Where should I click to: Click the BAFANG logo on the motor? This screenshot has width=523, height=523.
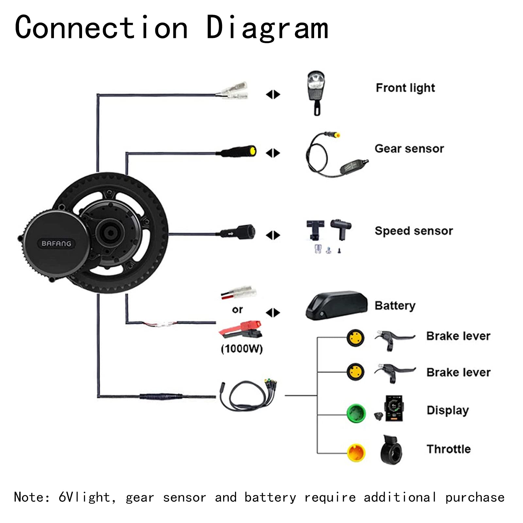56,244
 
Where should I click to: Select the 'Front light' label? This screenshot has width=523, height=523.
405,88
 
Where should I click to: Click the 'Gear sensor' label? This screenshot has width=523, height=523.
409,149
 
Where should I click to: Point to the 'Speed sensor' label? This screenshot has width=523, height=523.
413,231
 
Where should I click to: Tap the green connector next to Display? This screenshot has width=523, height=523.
356,413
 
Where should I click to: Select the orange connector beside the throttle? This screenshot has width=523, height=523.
356,452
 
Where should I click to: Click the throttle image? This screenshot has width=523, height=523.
391,450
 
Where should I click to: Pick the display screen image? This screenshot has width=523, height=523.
394,409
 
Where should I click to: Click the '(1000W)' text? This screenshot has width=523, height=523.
242,349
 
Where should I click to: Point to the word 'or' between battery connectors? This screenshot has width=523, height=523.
237,309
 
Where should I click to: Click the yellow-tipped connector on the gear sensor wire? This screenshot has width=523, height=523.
252,151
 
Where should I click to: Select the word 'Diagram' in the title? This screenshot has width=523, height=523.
267,28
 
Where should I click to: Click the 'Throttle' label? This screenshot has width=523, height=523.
448,449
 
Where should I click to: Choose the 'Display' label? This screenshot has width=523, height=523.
447,410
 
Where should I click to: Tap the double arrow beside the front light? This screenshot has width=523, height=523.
273,94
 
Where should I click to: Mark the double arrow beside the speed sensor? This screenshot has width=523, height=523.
273,235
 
